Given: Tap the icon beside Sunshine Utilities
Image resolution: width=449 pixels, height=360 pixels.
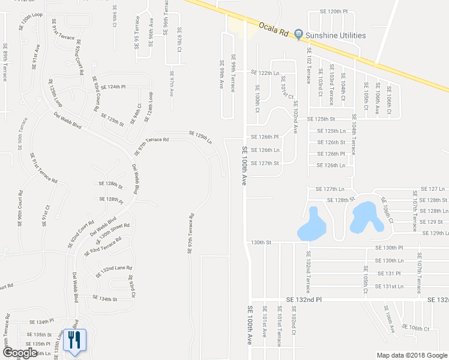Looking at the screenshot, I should pos(299,36).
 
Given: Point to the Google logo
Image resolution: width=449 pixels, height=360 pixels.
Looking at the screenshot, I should pos(20,353).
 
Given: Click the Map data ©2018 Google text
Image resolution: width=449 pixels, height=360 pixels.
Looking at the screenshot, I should pos(411,355).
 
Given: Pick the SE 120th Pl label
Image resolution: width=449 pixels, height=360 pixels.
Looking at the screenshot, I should pos(334,11).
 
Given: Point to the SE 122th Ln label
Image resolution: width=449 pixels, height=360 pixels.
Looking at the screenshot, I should pos(265,73).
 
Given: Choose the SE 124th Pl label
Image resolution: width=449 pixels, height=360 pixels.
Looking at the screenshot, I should pos(113,87).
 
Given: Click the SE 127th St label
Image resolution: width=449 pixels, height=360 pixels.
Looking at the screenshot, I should pos(265,163).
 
